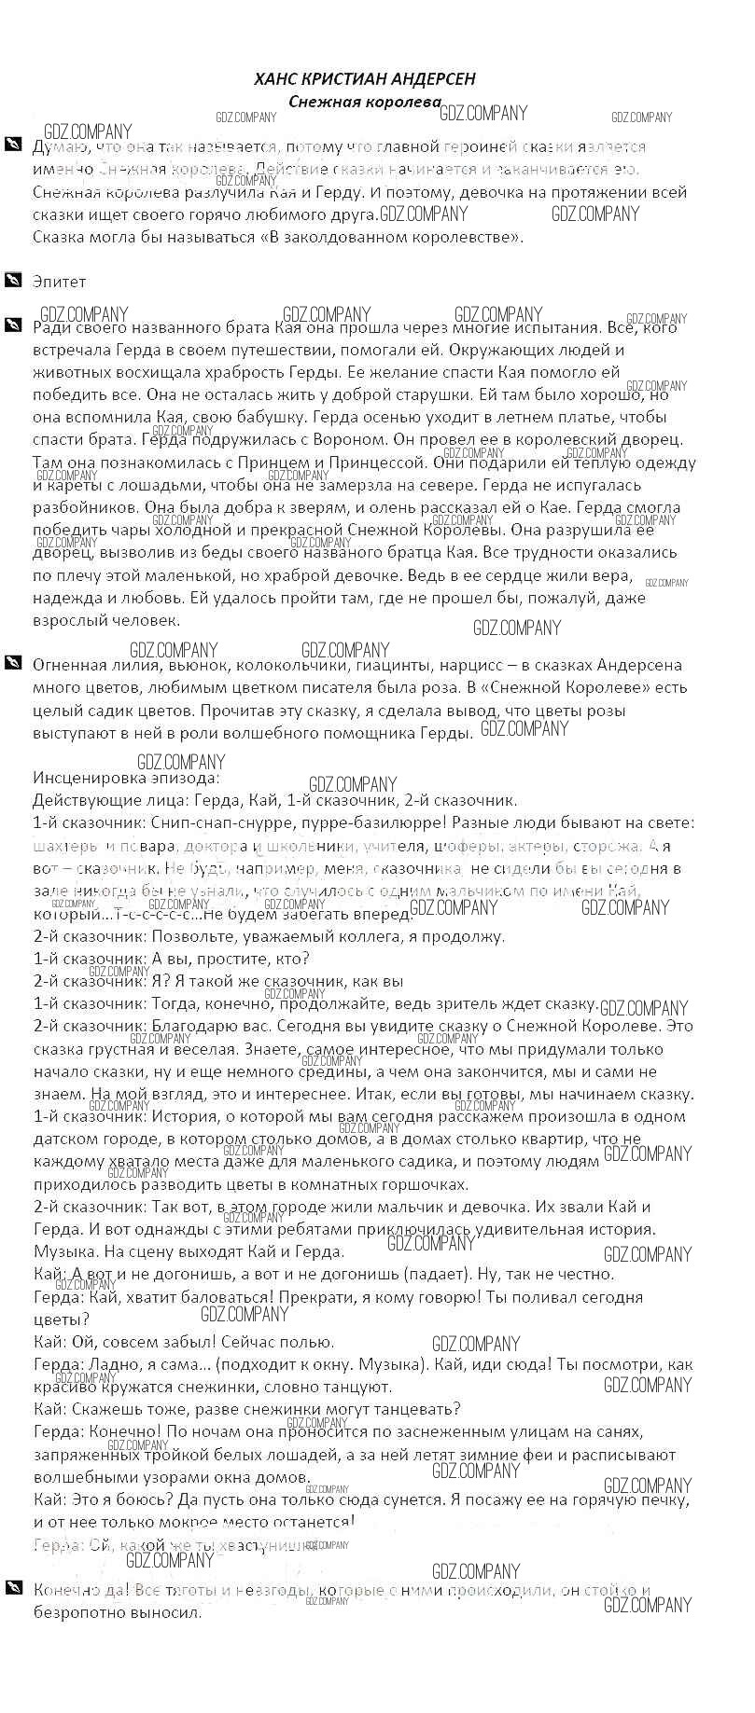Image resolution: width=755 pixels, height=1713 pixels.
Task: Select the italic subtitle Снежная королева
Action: (365, 102)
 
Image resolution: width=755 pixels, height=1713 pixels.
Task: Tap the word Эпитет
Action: (59, 282)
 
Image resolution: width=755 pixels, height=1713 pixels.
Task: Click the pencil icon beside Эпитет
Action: (12, 280)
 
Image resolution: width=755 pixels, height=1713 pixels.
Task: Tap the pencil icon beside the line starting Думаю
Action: (12, 145)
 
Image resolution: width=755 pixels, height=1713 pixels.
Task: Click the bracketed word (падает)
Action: (434, 1274)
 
